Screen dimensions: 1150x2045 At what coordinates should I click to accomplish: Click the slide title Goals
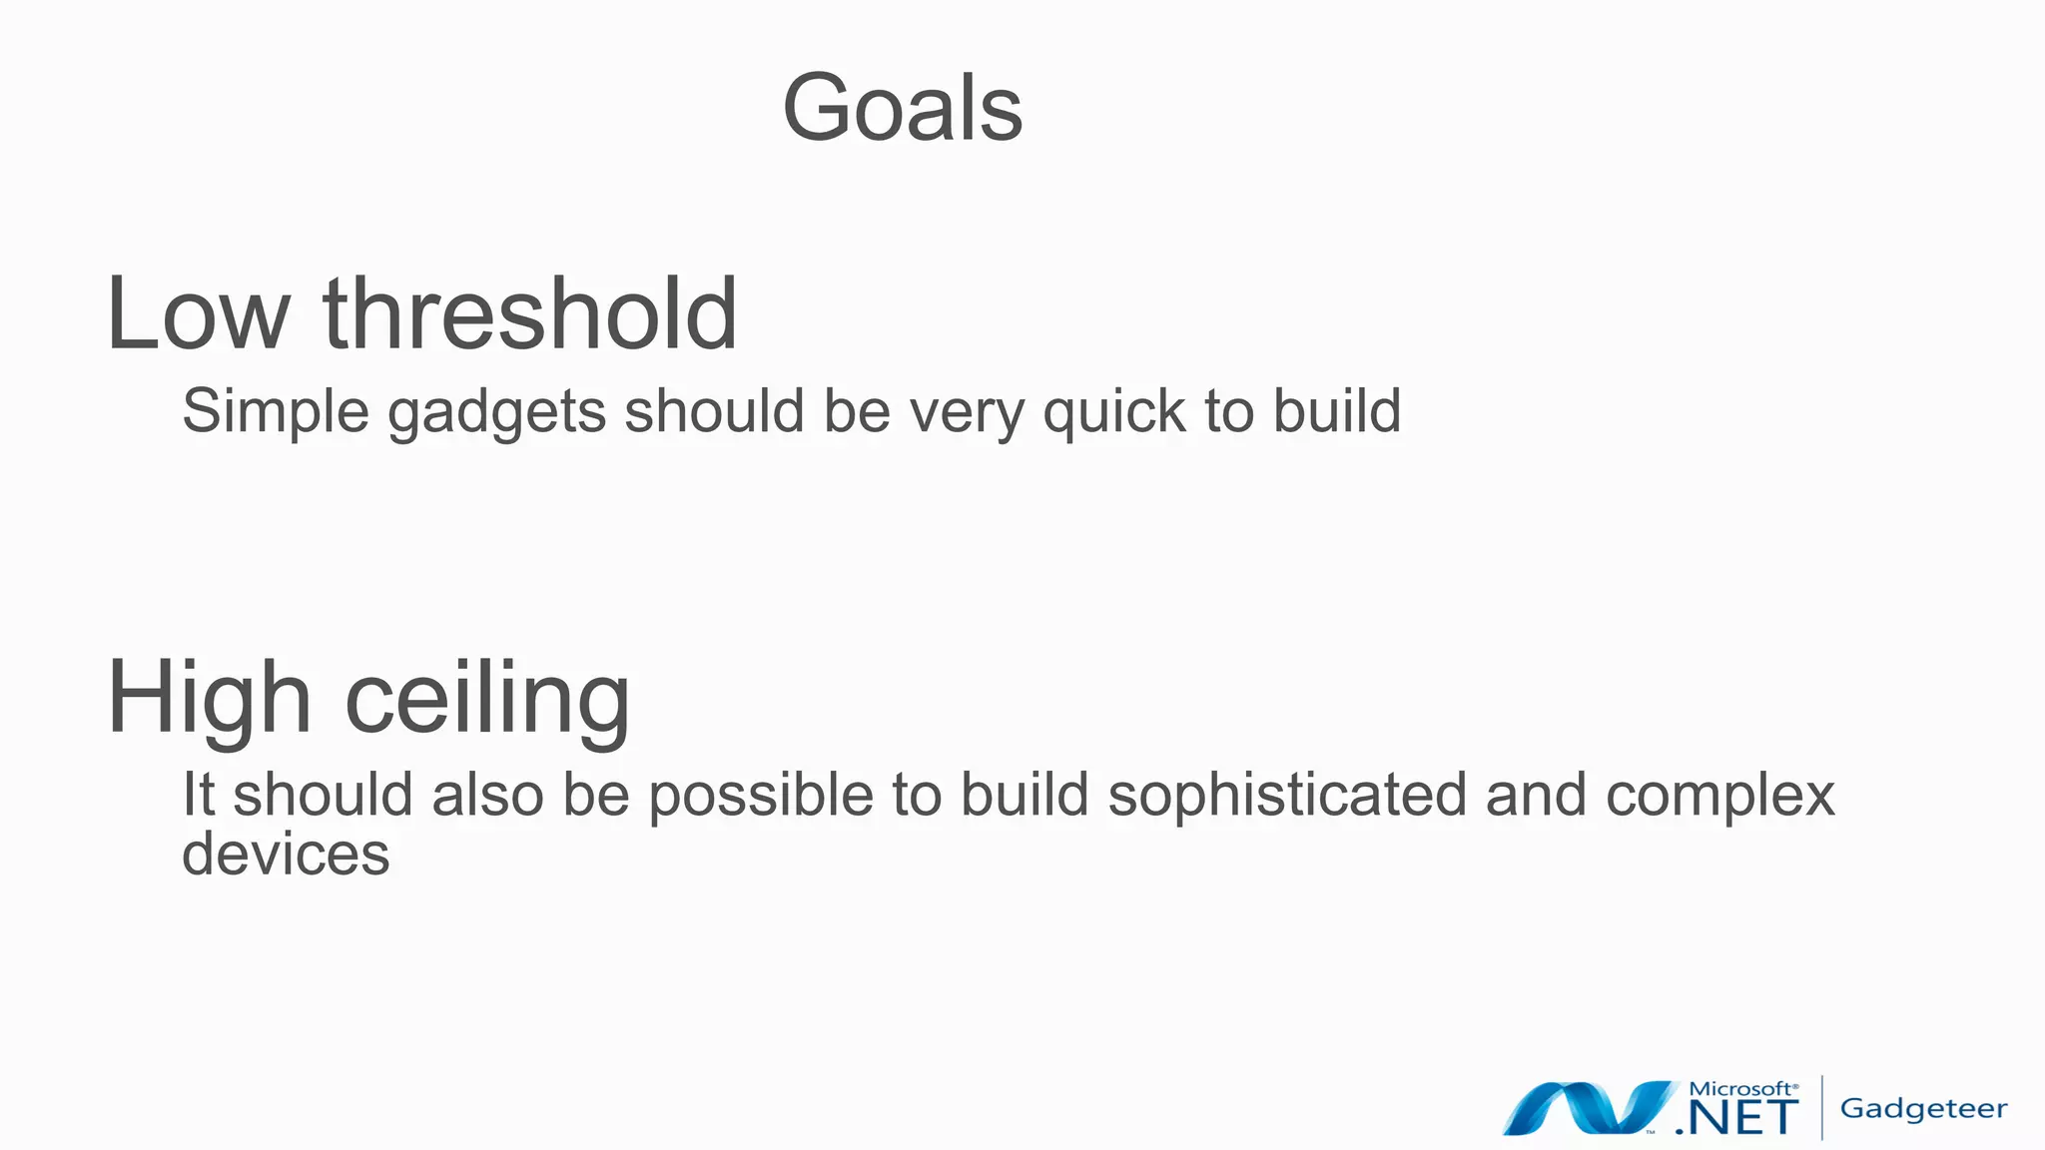tap(902, 108)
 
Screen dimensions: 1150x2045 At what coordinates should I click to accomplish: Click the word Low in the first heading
tap(197, 315)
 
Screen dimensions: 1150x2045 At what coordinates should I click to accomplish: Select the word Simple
tap(275, 411)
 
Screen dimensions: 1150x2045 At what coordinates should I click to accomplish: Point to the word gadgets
tap(496, 412)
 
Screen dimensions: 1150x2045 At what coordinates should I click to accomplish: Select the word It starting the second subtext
tap(198, 795)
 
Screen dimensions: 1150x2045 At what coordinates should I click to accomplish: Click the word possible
tap(761, 797)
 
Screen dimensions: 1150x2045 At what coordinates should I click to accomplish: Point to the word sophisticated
tap(1287, 797)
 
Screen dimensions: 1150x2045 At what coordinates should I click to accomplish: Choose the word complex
tap(1719, 797)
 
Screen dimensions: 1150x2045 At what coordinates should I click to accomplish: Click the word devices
tap(286, 854)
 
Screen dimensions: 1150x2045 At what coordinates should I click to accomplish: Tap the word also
tap(487, 795)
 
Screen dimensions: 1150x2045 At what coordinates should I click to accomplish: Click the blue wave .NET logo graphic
tap(1588, 1108)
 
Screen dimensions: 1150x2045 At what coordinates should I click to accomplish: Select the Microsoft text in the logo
tap(1742, 1088)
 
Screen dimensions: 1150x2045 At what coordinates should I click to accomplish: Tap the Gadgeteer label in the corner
tap(1923, 1109)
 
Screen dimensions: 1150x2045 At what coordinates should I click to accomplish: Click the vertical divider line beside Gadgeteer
tap(1822, 1107)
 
